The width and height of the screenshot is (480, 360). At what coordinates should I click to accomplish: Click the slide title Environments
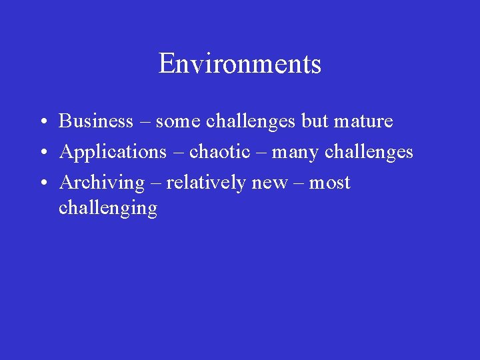click(240, 64)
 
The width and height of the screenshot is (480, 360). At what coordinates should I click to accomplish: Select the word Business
click(96, 121)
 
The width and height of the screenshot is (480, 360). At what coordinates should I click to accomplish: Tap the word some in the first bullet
click(179, 121)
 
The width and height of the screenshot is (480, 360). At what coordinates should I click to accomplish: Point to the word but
click(315, 121)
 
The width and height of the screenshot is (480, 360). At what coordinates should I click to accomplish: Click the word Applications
click(113, 153)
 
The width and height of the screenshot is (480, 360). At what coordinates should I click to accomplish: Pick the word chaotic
click(220, 152)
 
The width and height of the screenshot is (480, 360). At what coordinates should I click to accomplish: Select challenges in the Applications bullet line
click(369, 152)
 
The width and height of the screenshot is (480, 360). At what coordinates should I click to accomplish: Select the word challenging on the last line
click(108, 209)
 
